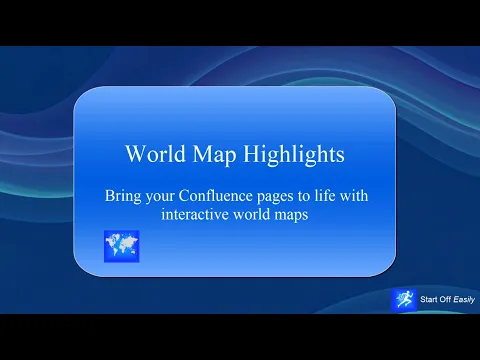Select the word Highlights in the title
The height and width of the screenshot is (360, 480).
tap(289, 155)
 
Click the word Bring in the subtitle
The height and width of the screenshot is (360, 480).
tap(124, 196)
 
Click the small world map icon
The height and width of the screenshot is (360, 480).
tap(122, 246)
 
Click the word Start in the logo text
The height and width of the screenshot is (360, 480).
tap(429, 300)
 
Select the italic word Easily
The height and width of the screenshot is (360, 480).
tap(465, 300)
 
